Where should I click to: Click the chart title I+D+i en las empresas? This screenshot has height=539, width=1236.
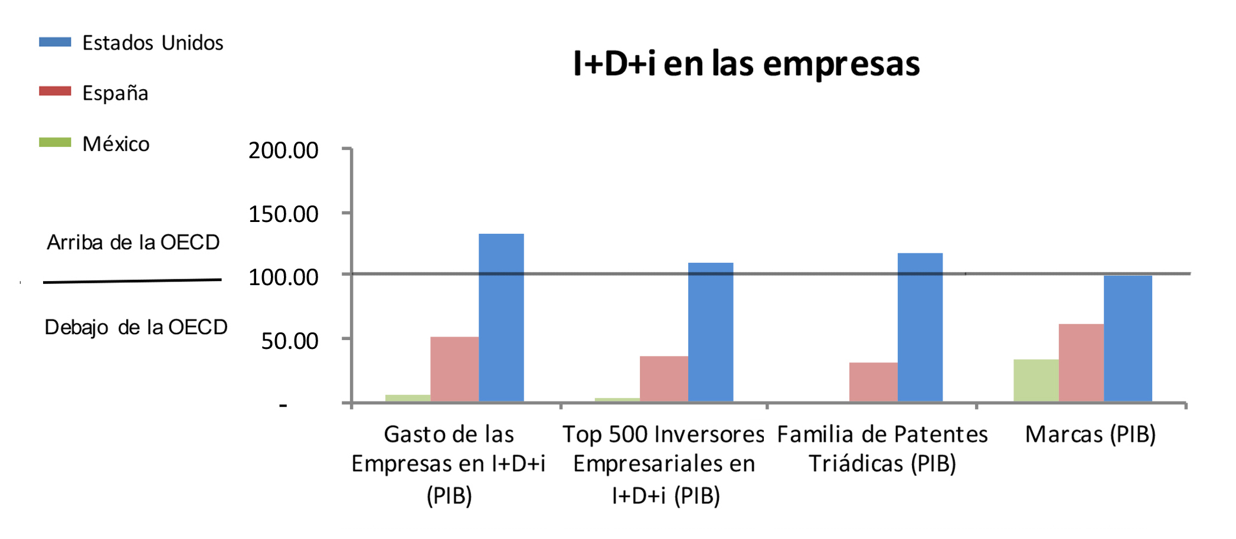(x=746, y=64)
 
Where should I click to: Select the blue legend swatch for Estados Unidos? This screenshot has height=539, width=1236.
(x=55, y=42)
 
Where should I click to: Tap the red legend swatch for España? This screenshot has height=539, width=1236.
(x=55, y=92)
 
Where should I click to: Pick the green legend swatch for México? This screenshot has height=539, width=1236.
(x=55, y=142)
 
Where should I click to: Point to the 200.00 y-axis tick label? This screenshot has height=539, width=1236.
(x=283, y=151)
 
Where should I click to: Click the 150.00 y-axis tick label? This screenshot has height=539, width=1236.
(x=283, y=214)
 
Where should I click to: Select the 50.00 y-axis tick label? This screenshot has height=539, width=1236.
(x=290, y=341)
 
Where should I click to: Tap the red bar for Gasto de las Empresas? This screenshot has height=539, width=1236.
(x=454, y=369)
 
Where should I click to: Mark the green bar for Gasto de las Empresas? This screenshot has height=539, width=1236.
(x=408, y=398)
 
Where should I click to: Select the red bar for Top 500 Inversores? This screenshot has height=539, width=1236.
(x=664, y=378)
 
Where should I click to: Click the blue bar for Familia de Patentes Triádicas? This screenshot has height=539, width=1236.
(x=920, y=327)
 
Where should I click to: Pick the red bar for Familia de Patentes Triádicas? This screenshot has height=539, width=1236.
(x=874, y=382)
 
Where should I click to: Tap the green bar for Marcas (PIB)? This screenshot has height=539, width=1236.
(x=1036, y=380)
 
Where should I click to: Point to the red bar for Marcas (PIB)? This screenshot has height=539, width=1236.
(x=1081, y=362)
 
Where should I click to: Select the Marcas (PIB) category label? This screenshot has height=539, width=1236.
(x=1090, y=435)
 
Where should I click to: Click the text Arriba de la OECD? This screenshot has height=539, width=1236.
(x=133, y=243)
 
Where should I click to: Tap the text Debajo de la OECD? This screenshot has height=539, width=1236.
(x=136, y=327)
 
